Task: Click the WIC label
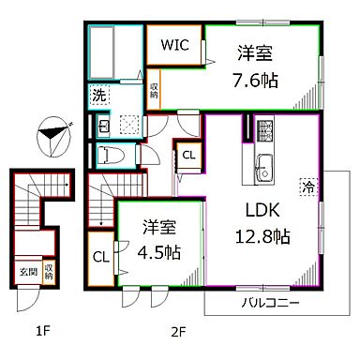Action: coord(173,44)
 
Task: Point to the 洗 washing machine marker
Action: coord(98,94)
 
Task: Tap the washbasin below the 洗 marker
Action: coord(104,125)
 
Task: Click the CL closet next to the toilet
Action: coord(188,156)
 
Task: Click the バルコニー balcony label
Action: coord(270,302)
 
